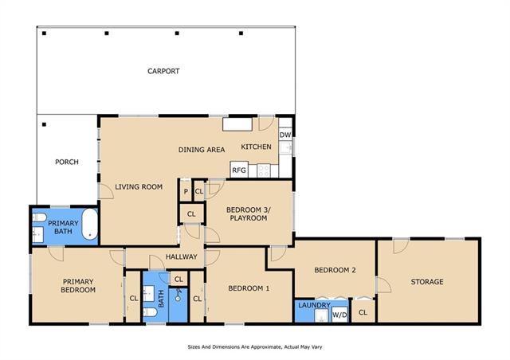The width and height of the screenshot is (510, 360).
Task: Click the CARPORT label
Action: [x=163, y=71]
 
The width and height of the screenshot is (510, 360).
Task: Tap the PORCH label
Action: [x=67, y=162]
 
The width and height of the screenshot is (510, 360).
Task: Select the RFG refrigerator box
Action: [x=239, y=170]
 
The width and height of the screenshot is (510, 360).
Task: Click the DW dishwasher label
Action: [x=285, y=135]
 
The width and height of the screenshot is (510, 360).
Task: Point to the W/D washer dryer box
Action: [x=339, y=315]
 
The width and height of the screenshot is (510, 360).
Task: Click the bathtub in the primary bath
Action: [x=90, y=225]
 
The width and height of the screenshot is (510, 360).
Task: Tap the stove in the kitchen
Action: [x=264, y=170]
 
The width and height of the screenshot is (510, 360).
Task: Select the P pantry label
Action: [x=186, y=191]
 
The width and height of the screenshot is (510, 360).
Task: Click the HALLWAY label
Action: [x=182, y=256]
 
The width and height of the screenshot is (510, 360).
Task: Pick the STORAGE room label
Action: [x=427, y=282]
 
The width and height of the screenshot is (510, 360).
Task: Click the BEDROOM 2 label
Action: [x=335, y=270]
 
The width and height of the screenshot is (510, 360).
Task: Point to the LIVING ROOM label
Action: [x=139, y=186]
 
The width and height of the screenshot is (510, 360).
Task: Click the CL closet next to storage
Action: [x=363, y=312]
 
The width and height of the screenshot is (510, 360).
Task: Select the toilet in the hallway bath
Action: [x=151, y=312]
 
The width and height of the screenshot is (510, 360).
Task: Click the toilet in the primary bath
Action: [x=39, y=217]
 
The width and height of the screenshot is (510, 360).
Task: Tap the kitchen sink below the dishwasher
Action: [x=286, y=148]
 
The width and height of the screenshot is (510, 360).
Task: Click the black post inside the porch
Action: [x=45, y=124]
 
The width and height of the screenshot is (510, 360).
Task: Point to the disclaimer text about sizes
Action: [x=255, y=347]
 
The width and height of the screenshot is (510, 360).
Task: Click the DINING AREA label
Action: [x=202, y=150]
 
